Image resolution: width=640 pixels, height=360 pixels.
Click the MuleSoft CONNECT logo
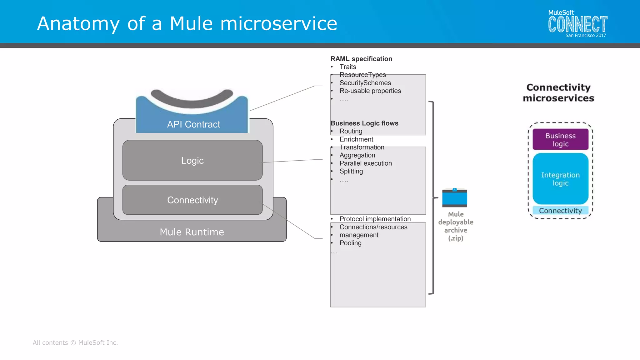click(577, 24)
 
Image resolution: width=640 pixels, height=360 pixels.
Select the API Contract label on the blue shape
click(193, 124)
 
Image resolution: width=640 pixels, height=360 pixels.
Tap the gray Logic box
click(192, 160)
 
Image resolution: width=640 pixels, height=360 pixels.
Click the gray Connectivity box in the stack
click(192, 200)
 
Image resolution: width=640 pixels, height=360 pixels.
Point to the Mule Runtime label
click(192, 232)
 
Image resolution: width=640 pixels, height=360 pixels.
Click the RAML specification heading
click(361, 59)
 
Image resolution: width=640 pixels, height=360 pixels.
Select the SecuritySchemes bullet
click(365, 83)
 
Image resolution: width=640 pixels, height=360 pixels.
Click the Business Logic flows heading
click(364, 123)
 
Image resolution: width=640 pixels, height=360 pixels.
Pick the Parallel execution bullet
click(365, 163)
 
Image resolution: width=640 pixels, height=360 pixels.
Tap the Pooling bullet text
click(350, 243)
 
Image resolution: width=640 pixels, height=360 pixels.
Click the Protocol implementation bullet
click(375, 219)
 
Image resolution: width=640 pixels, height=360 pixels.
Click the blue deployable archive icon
click(454, 198)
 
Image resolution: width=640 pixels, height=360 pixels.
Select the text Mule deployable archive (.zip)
click(456, 226)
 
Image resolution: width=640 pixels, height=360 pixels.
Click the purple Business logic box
click(560, 140)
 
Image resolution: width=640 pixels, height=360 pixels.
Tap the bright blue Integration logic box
click(560, 179)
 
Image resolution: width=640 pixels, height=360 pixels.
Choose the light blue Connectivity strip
click(560, 210)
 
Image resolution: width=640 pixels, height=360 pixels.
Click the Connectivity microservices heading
click(558, 92)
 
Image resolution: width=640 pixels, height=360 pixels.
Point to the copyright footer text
click(75, 342)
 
